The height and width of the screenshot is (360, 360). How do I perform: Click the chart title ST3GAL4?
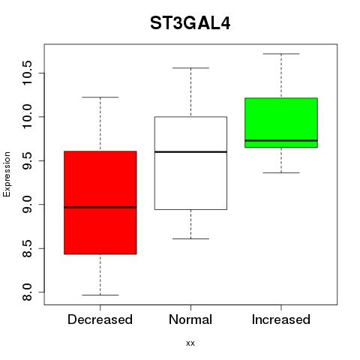[x=190, y=23]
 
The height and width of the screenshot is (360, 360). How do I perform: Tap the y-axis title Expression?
[x=7, y=174]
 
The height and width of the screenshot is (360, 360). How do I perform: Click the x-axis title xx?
[x=190, y=343]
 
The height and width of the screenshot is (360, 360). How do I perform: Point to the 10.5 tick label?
[x=27, y=73]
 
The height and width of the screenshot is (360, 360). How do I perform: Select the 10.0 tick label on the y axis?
[x=27, y=117]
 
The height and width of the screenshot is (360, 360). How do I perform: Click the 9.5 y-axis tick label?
[x=27, y=160]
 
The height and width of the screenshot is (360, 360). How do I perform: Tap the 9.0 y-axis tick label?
[x=27, y=205]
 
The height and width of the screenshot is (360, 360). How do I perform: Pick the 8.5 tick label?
[x=27, y=248]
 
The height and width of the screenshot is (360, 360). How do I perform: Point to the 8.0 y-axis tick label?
[x=27, y=292]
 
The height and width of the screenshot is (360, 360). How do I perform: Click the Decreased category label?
[x=100, y=319]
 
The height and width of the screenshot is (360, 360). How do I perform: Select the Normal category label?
[x=190, y=319]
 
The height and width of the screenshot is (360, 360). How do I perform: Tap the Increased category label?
[x=281, y=319]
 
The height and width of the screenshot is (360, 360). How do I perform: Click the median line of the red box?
[x=100, y=207]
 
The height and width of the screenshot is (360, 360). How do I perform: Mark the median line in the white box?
[x=190, y=151]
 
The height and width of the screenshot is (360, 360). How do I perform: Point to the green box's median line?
[x=281, y=140]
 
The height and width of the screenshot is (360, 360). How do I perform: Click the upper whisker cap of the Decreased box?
[x=100, y=97]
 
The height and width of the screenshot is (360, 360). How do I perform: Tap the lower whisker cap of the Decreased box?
[x=100, y=295]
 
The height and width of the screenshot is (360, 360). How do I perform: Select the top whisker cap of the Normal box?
[x=190, y=67]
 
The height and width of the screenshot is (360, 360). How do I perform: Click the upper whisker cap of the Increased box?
[x=281, y=54]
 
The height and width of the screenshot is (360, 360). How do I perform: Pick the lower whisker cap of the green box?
[x=281, y=172]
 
